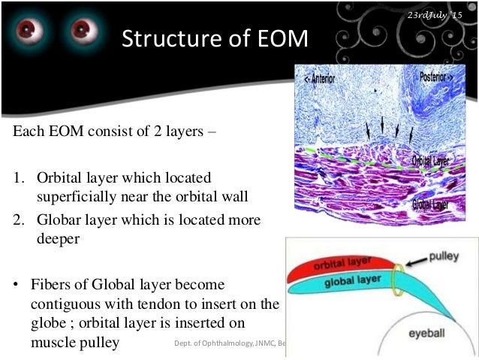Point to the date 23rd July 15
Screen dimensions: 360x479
435,16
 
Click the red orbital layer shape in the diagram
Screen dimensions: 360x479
338,266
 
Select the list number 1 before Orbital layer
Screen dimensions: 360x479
17,179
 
